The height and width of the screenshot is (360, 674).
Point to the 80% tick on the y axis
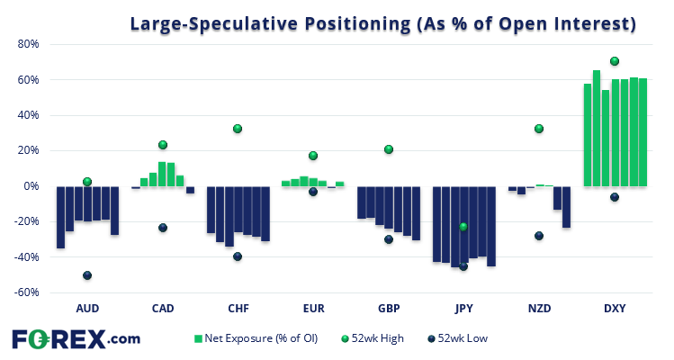point(26,44)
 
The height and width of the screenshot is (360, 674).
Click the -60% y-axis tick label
point(24,292)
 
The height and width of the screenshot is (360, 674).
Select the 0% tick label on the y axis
point(30,186)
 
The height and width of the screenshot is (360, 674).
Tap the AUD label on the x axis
point(87,309)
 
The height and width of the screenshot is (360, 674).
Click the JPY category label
point(463,309)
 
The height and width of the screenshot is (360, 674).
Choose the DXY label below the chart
point(615,309)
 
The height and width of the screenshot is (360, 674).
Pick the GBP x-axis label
point(389,309)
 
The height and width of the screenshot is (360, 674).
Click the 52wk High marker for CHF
point(238,129)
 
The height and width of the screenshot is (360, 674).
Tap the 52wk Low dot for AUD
point(87,275)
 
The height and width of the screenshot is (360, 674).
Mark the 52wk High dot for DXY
point(615,61)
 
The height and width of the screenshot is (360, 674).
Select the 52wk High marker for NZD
point(539,129)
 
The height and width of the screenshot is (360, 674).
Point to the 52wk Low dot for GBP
point(389,239)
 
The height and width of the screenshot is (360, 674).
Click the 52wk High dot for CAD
point(163,145)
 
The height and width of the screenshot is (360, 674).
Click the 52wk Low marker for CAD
point(163,228)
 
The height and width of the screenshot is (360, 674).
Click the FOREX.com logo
point(76,339)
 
